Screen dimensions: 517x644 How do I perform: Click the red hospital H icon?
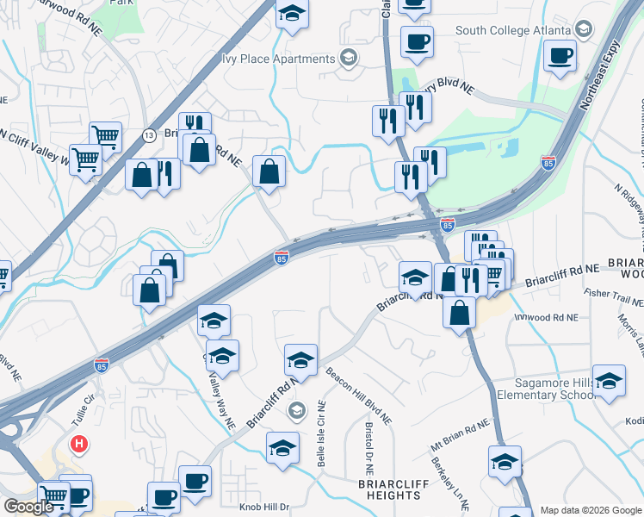coord(79,445)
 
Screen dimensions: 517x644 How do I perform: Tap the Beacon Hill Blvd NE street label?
coord(358,396)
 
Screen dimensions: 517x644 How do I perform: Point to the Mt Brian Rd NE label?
coord(460,438)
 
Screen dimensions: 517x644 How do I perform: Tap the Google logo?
coord(28,507)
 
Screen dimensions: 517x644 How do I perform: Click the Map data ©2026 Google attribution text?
coord(591,510)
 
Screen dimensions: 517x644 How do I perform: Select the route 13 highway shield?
coord(150,135)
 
